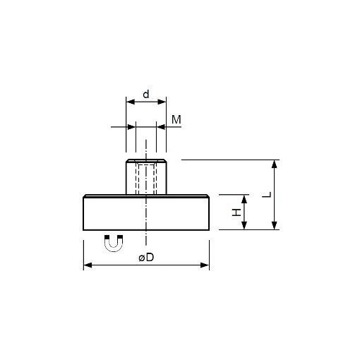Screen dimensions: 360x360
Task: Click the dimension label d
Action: tap(146, 93)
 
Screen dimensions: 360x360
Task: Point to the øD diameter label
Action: tap(146, 258)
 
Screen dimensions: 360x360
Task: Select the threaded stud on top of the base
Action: tap(146, 177)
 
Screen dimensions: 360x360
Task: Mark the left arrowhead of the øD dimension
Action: tap(88, 265)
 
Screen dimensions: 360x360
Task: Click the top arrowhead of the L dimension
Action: tap(275, 164)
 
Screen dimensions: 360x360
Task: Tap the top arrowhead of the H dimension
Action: tap(245, 198)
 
